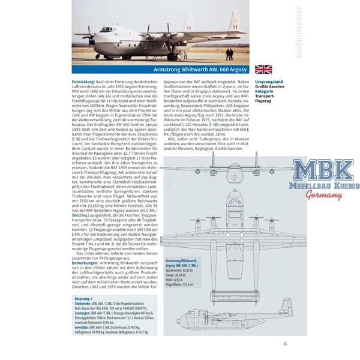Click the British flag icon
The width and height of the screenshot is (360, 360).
pos(263,69)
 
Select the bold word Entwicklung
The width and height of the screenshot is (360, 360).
pos(85,81)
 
